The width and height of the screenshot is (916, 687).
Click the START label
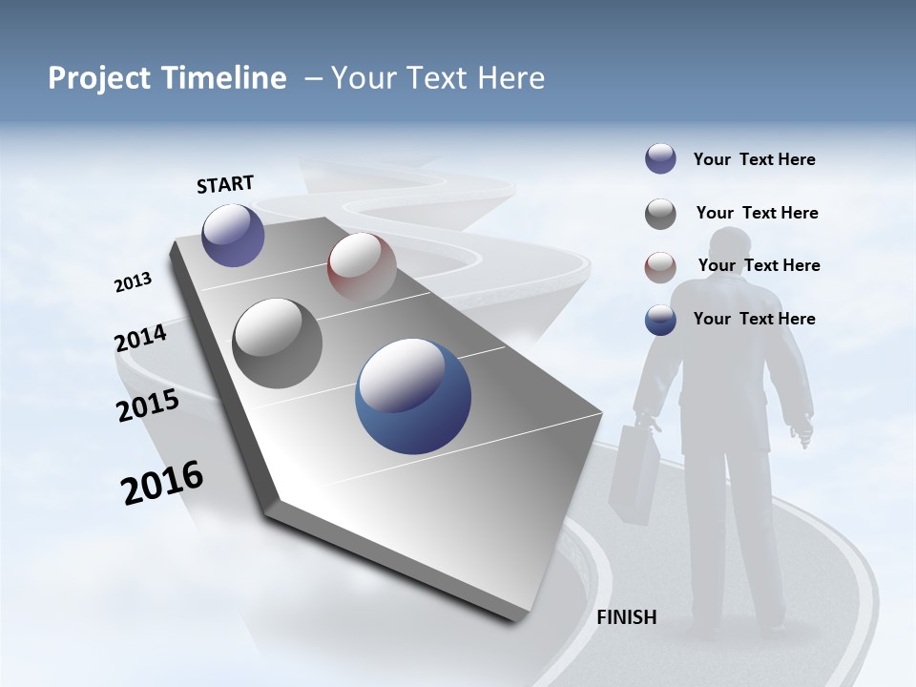[x=225, y=184]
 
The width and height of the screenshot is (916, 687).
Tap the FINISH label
[x=626, y=617]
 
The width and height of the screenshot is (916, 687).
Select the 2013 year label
[x=133, y=282]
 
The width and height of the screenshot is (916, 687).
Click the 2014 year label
[x=140, y=338]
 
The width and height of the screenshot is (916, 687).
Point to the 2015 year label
[x=148, y=406]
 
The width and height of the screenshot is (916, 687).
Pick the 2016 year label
[x=162, y=483]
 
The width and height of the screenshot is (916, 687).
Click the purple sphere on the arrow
[x=233, y=236]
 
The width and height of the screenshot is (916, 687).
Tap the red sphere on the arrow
[x=362, y=267]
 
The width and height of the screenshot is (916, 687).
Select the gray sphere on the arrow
[x=278, y=343]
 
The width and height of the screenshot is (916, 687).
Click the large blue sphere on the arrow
[x=413, y=397]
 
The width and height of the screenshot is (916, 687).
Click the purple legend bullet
[x=660, y=159]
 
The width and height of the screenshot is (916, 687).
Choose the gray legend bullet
[x=660, y=214]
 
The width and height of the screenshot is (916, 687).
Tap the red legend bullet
[x=660, y=267]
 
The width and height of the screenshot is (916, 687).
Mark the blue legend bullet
[x=660, y=320]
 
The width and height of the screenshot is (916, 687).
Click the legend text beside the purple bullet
[x=754, y=159]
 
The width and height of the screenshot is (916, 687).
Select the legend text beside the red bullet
[x=759, y=265]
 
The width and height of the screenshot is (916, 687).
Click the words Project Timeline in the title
[x=167, y=78]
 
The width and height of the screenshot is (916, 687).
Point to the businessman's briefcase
[x=635, y=472]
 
